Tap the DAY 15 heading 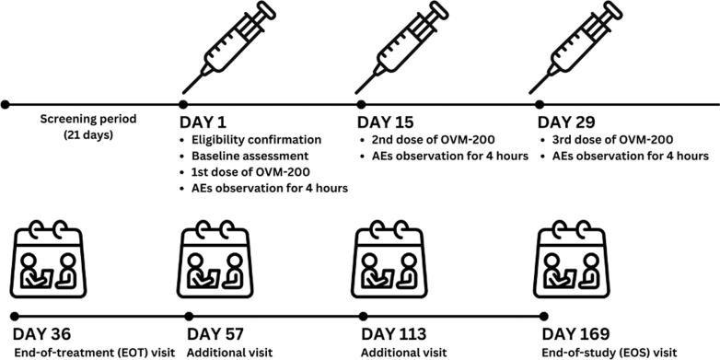point(385,123)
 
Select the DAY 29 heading point(566,123)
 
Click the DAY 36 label point(41,334)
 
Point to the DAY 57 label point(215,334)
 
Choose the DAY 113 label point(393,334)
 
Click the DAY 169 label point(575,334)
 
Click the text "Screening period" point(88,120)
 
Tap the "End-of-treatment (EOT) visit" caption point(95,353)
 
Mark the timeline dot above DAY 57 point(189,317)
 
